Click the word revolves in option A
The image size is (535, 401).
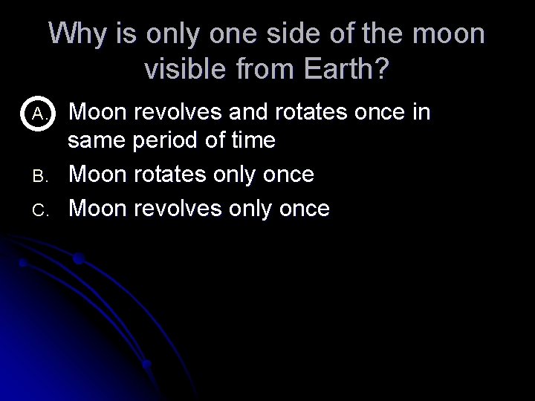click(174, 113)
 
